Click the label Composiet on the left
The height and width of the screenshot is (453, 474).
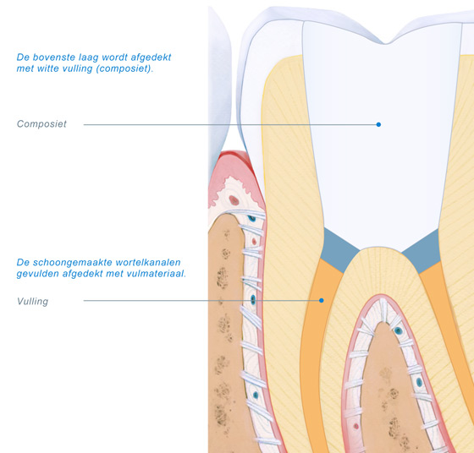click(41, 124)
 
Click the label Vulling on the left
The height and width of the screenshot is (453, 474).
click(33, 301)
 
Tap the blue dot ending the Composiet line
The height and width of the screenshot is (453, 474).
click(378, 124)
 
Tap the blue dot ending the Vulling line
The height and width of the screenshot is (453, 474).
click(322, 300)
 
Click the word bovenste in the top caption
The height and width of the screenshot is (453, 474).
click(54, 57)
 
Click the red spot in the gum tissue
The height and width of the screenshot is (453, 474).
click(234, 200)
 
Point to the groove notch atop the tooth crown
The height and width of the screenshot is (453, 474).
click(385, 42)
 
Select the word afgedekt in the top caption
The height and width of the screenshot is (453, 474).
click(151, 57)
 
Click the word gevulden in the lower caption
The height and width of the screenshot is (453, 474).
click(37, 274)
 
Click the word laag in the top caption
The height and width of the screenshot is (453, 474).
click(88, 57)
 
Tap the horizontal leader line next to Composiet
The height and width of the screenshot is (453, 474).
click(231, 124)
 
